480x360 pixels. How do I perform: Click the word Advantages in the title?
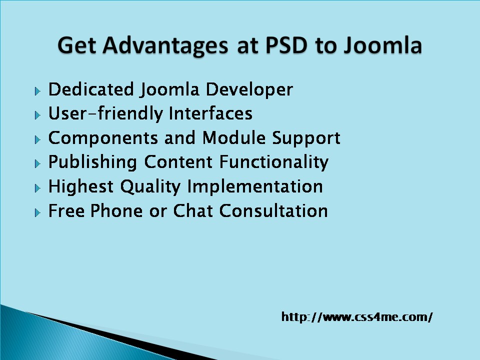(x=165, y=46)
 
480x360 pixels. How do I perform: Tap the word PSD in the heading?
(x=286, y=45)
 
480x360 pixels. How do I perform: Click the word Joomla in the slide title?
(x=382, y=46)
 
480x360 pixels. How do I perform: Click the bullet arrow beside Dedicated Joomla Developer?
(x=37, y=91)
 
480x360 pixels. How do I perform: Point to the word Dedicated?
(x=91, y=89)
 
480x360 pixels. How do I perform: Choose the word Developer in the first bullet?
(x=249, y=90)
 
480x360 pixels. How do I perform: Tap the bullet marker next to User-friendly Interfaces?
(x=37, y=115)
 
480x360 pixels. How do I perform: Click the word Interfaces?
(x=210, y=113)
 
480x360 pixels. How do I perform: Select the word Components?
(x=103, y=138)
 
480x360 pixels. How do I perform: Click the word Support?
(x=306, y=138)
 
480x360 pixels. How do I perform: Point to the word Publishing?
(x=92, y=162)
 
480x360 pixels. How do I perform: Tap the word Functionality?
(x=274, y=162)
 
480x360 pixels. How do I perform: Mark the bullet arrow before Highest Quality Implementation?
(x=37, y=188)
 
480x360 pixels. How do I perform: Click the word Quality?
(x=150, y=186)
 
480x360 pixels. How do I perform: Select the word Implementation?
(x=255, y=186)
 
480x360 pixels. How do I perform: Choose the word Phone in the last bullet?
(x=116, y=210)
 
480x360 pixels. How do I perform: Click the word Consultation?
(x=273, y=210)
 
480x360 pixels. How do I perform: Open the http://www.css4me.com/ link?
(x=357, y=317)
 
